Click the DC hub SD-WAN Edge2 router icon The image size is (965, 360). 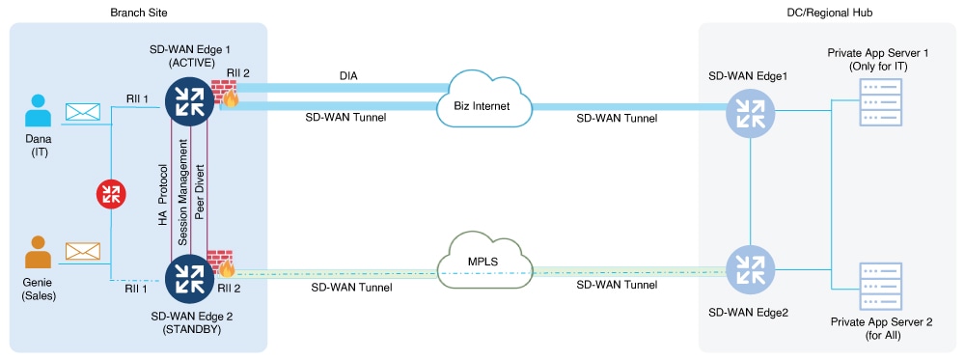click(751, 268)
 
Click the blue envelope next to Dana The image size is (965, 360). click(83, 113)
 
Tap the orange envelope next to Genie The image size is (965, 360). click(83, 252)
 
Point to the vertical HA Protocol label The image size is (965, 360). click(163, 188)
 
